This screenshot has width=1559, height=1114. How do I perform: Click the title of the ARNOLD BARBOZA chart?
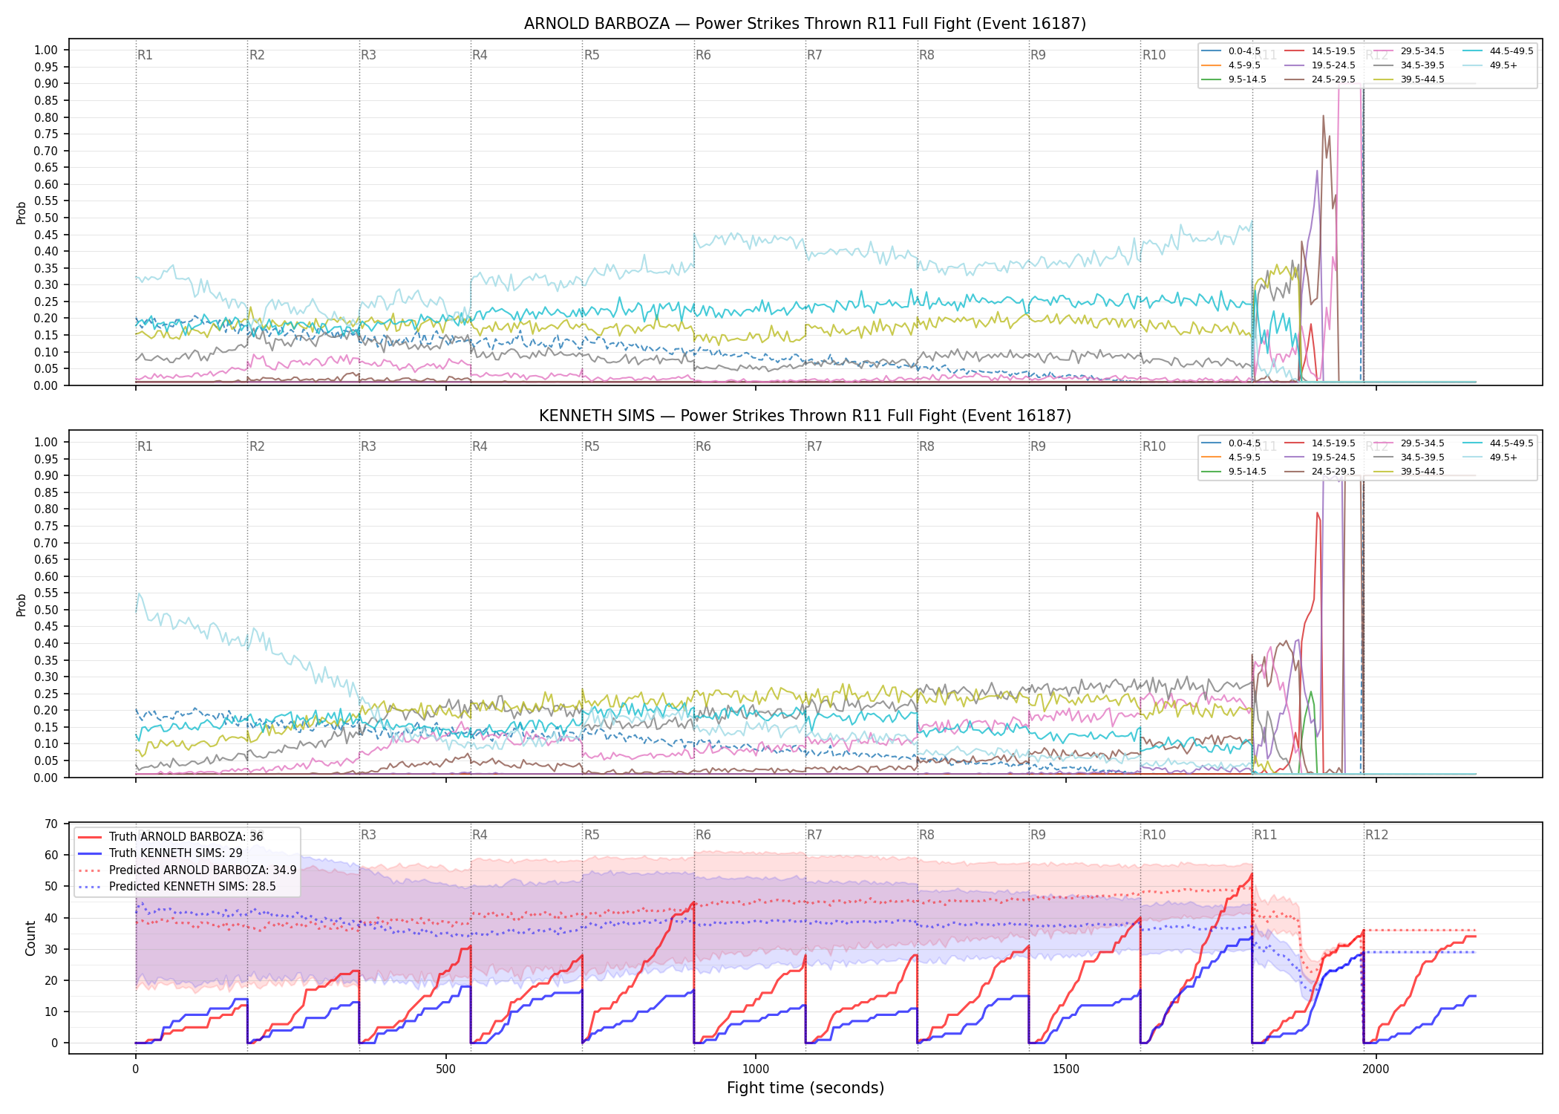[805, 24]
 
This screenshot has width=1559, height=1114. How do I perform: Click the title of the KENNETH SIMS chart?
[805, 416]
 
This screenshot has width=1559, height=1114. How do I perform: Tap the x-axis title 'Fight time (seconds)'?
[805, 1088]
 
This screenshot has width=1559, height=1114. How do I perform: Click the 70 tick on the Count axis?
[51, 824]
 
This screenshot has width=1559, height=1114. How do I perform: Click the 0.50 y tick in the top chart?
[46, 218]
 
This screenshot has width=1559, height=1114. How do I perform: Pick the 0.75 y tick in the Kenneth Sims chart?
[46, 526]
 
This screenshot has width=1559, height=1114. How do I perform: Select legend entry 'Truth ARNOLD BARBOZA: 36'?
[186, 837]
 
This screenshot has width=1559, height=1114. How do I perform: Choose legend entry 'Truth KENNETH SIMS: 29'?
[177, 853]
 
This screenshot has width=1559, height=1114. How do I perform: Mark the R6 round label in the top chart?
[703, 55]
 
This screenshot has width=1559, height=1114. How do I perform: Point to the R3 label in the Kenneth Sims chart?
[368, 446]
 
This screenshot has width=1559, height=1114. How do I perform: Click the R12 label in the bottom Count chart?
[1376, 835]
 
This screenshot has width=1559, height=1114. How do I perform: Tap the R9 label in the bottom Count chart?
[1038, 835]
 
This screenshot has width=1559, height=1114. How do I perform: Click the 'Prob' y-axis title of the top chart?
[22, 213]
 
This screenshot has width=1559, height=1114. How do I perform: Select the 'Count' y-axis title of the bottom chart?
[30, 939]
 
